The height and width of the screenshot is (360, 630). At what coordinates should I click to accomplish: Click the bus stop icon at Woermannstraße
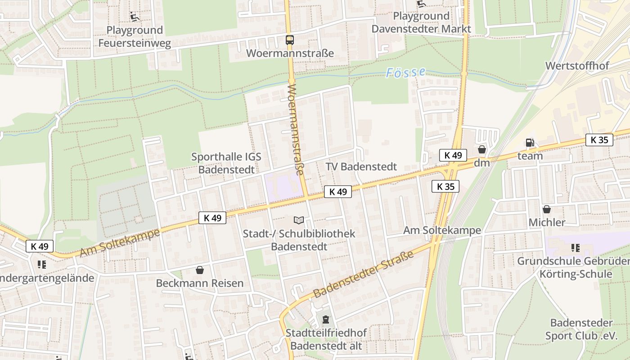click(x=290, y=40)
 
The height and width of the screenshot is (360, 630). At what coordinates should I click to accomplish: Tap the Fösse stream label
click(x=405, y=72)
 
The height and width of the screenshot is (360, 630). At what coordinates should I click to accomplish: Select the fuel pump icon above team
click(x=530, y=143)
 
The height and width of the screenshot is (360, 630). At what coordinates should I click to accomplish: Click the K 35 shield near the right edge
click(x=599, y=140)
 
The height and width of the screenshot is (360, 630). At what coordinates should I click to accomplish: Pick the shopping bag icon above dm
click(x=482, y=149)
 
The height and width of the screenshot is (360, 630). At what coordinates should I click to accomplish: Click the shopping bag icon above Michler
click(x=547, y=209)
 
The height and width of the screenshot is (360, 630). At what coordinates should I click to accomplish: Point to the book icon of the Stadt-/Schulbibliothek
click(x=299, y=220)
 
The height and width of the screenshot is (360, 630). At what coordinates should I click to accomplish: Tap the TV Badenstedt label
click(x=361, y=166)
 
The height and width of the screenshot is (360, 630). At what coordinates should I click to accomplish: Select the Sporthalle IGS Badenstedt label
click(x=226, y=163)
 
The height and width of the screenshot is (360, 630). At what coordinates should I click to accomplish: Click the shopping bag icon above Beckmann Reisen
click(x=200, y=270)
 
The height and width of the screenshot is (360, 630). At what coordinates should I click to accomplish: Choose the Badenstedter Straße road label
click(x=363, y=274)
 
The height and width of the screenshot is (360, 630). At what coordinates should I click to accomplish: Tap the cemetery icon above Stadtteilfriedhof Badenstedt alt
click(x=326, y=320)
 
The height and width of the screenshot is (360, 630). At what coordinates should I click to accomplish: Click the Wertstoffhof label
click(x=577, y=66)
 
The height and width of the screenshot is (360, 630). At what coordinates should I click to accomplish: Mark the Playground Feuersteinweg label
click(x=135, y=36)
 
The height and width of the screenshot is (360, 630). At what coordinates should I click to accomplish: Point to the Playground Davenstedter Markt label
click(x=421, y=22)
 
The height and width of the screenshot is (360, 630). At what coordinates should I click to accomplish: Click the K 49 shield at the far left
click(x=40, y=246)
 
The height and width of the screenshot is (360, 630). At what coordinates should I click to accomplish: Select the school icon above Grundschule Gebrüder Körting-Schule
click(x=575, y=248)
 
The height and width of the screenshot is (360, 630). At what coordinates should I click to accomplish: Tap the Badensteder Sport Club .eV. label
click(x=581, y=329)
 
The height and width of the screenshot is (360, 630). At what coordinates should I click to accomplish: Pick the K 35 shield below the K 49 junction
click(x=445, y=186)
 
